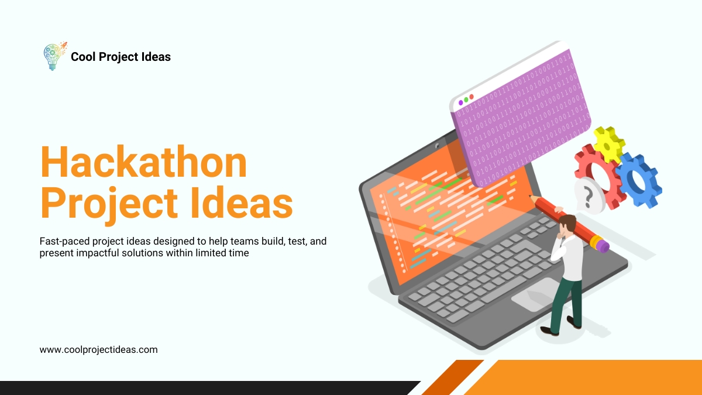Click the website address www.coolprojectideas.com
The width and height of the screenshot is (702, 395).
tap(98, 349)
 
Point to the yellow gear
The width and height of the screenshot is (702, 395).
tap(608, 143)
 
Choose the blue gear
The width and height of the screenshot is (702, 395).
tap(637, 181)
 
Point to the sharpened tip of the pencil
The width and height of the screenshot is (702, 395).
tap(532, 198)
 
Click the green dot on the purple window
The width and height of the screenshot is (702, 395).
tap(466, 99)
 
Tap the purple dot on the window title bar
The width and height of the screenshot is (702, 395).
tap(460, 102)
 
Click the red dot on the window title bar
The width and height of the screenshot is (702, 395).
tap(472, 97)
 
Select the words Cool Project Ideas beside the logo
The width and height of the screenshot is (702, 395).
tap(121, 57)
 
